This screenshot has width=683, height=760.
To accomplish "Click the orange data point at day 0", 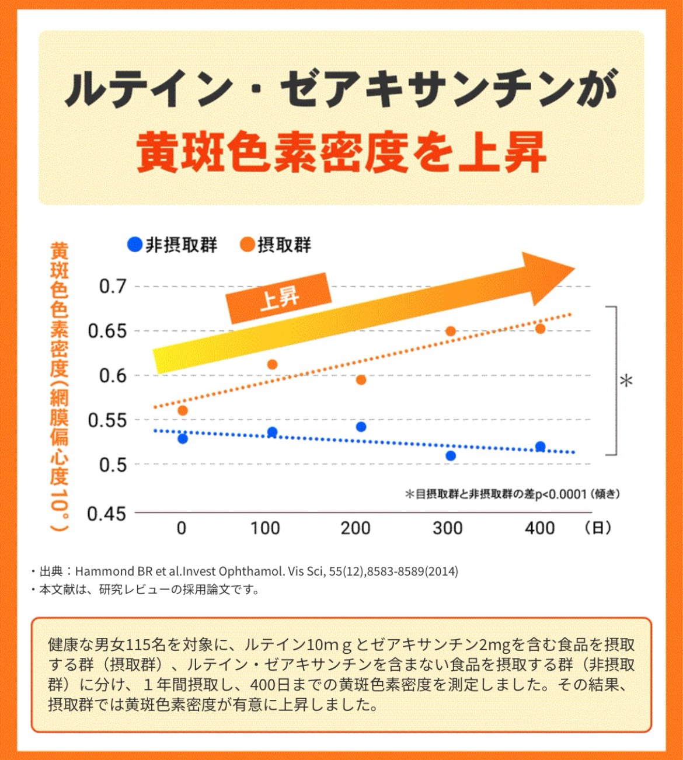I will click(183, 410).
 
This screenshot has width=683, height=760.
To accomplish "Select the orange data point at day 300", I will click(451, 331).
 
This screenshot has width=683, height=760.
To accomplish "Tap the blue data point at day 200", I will click(361, 427).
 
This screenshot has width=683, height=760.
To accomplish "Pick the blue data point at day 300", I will click(451, 455).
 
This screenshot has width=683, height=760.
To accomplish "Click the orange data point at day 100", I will click(272, 364).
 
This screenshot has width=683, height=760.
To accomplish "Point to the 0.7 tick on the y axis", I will click(112, 287).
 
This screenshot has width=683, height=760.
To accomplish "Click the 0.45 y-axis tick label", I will click(106, 514).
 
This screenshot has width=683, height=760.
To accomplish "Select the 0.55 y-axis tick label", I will click(106, 420).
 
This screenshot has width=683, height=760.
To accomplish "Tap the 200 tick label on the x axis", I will click(356, 528).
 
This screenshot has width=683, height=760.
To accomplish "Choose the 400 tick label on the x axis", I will click(539, 528).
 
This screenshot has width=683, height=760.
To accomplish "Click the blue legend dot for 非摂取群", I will click(135, 245).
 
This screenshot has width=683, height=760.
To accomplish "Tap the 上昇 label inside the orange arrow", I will click(280, 298).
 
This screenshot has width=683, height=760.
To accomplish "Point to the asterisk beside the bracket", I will click(626, 381).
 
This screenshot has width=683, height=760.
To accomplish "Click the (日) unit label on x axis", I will click(598, 528).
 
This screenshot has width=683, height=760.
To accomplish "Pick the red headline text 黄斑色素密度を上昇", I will click(341, 152).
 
